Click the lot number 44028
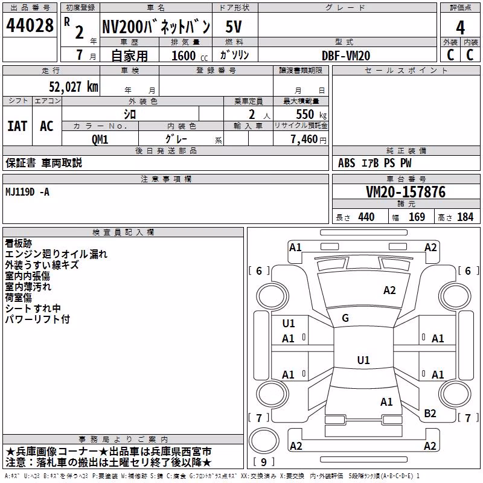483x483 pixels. [x=30, y=25]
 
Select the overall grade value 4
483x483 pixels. [x=460, y=27]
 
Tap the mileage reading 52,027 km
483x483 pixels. [x=74, y=87]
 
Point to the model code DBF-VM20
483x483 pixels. [x=346, y=56]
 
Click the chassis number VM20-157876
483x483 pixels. [x=406, y=191]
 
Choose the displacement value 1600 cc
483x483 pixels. [x=190, y=56]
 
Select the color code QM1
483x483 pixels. [x=100, y=139]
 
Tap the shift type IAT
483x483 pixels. [x=18, y=126]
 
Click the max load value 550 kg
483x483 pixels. [x=311, y=114]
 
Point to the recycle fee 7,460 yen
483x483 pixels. [x=309, y=139]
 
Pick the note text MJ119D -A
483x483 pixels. [x=27, y=192]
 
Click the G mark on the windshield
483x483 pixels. [x=345, y=318]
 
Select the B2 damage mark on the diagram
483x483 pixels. [x=430, y=414]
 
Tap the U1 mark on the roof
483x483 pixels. [x=363, y=360]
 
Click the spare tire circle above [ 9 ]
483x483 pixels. [x=264, y=441]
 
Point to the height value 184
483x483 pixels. [x=465, y=217]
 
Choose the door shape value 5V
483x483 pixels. [x=234, y=27]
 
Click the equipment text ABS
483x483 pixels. [x=347, y=163]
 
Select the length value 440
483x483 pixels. [x=366, y=217]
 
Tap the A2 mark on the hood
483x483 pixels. [x=389, y=290]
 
